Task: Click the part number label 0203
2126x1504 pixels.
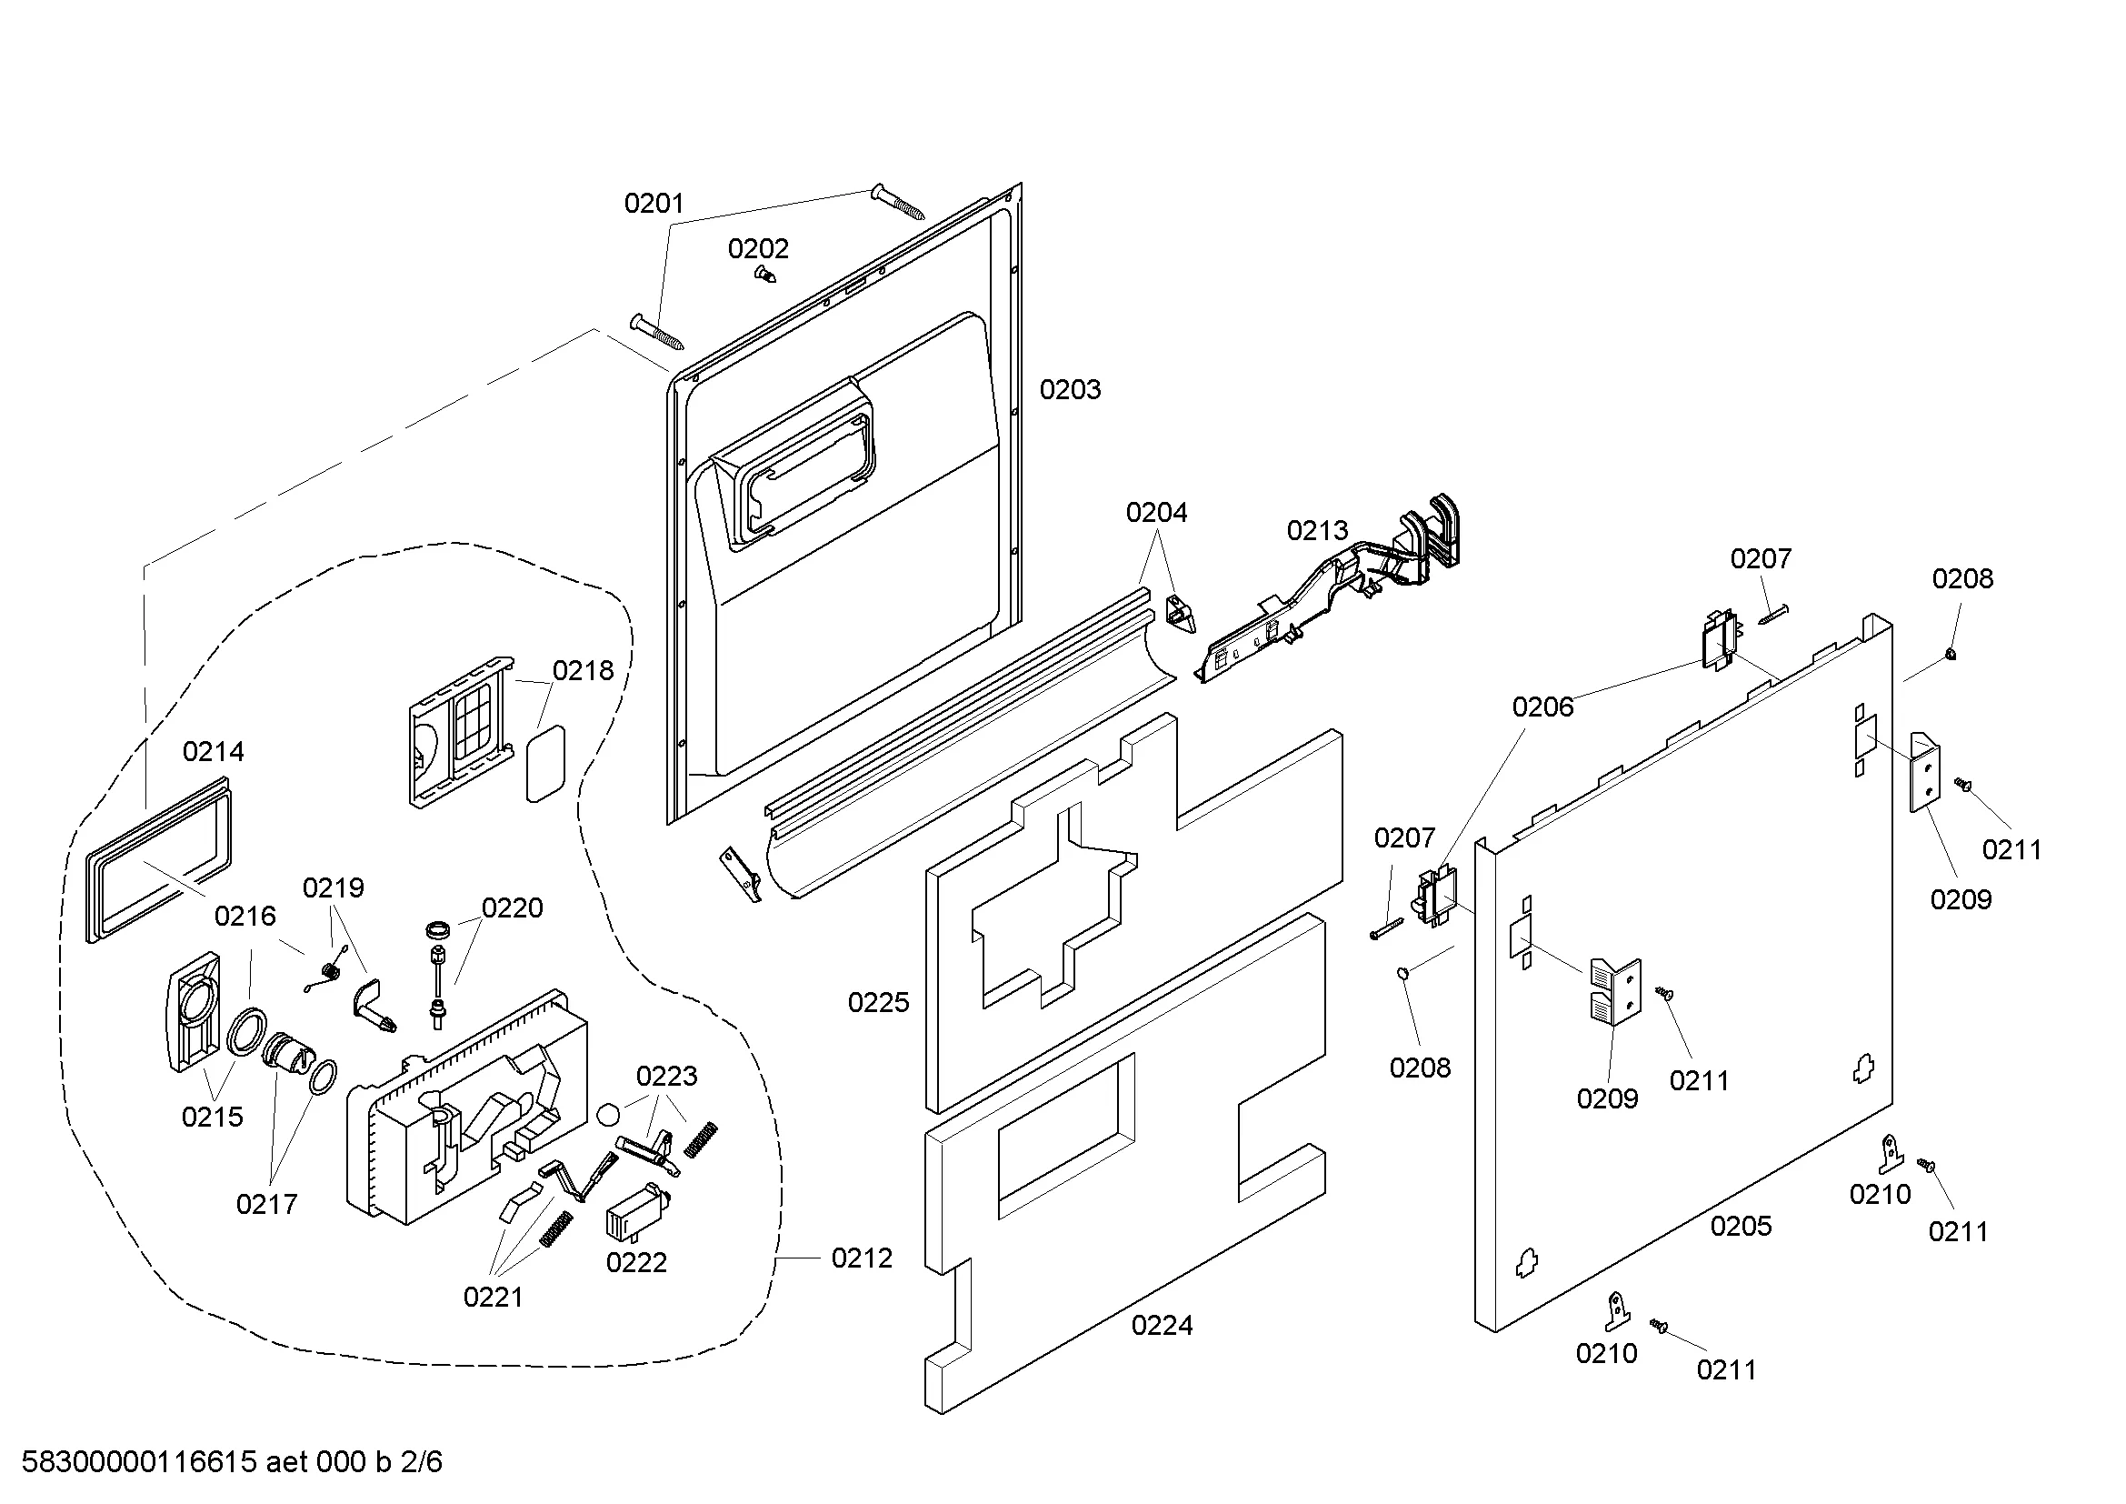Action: pos(1070,390)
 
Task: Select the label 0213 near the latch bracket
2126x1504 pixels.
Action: pos(1317,531)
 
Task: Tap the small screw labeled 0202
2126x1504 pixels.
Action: pos(764,274)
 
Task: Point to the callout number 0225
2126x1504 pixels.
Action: pos(878,1002)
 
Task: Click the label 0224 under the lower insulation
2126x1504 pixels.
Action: pos(1161,1325)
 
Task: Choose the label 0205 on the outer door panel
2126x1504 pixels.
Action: pos(1740,1225)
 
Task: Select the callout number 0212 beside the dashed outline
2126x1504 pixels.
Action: pos(861,1258)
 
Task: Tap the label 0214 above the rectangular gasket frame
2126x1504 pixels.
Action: pos(213,751)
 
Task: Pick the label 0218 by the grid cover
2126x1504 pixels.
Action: pos(583,670)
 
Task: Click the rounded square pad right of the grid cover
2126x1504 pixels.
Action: pos(545,763)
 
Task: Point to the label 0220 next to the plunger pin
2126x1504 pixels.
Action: pos(511,907)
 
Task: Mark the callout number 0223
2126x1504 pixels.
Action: pos(665,1075)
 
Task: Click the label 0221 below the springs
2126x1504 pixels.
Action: pos(493,1297)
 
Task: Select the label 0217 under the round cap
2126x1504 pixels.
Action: pos(266,1204)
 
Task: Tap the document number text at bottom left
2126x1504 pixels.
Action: pos(232,1462)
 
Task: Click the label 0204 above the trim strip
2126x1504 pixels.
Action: pos(1155,512)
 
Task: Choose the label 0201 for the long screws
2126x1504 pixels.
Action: pos(653,203)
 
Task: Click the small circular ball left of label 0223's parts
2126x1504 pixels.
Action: pos(607,1114)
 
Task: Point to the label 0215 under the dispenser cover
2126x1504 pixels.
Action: pos(212,1117)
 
